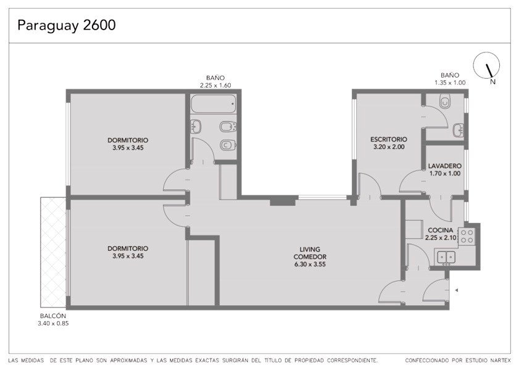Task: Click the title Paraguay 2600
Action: point(67,25)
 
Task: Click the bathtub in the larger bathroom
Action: point(214,104)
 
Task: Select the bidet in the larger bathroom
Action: point(228,127)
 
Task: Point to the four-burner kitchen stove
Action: point(467,236)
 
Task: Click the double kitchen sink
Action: point(446,257)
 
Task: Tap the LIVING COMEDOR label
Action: point(310,253)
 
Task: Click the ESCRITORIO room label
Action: point(389,139)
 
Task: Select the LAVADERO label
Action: point(444,166)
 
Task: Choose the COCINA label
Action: point(441,230)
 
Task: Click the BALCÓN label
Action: point(53,315)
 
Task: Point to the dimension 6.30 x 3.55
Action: point(310,264)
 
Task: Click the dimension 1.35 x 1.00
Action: point(450,83)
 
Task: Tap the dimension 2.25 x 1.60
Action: point(215,85)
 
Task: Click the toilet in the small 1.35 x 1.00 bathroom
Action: point(445,102)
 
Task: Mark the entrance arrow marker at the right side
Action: point(457,290)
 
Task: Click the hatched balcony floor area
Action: point(53,252)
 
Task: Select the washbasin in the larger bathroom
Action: point(196,126)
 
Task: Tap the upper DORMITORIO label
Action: point(128,140)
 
